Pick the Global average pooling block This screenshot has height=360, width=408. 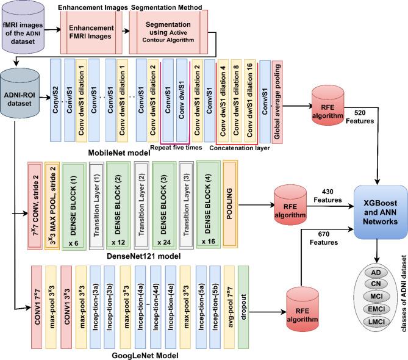coord(278,97)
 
